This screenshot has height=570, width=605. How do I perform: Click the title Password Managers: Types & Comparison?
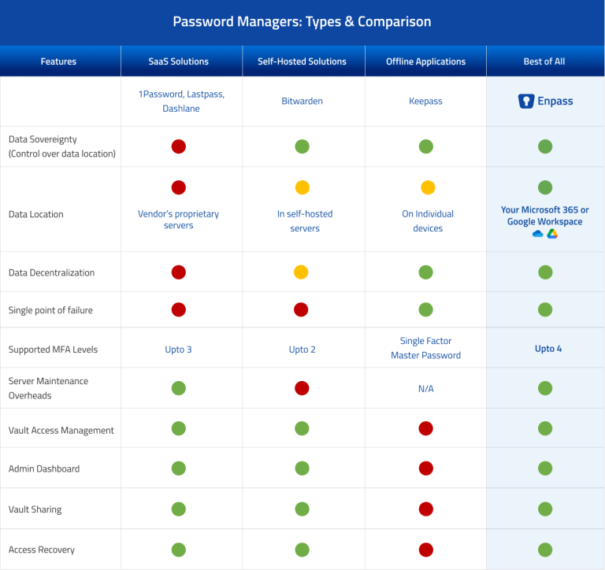click(302, 21)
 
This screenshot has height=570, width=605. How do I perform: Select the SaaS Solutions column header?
click(179, 61)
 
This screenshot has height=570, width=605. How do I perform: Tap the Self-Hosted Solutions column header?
click(302, 61)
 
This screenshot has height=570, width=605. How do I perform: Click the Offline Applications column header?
click(425, 61)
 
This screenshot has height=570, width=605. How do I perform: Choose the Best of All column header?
click(544, 61)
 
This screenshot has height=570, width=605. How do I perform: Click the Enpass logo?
click(545, 102)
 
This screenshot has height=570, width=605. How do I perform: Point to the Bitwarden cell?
click(302, 102)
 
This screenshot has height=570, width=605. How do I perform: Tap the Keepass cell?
click(425, 102)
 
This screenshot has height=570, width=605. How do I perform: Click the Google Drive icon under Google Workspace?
click(552, 234)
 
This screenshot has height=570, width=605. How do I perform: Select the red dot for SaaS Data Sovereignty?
click(179, 146)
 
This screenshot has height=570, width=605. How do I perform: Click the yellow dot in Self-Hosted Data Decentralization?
click(302, 272)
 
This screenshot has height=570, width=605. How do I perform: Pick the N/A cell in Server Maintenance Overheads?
click(425, 389)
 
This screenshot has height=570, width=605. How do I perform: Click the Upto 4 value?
click(544, 349)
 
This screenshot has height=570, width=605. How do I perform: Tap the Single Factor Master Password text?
click(425, 348)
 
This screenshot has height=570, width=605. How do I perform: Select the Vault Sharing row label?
click(35, 509)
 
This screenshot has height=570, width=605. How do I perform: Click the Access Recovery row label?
click(42, 550)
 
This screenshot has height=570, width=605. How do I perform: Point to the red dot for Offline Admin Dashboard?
click(425, 468)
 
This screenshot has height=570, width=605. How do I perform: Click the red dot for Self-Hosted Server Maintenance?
click(302, 388)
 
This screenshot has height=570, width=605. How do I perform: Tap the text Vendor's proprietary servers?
click(179, 220)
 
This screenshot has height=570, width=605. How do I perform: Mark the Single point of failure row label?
click(50, 310)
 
